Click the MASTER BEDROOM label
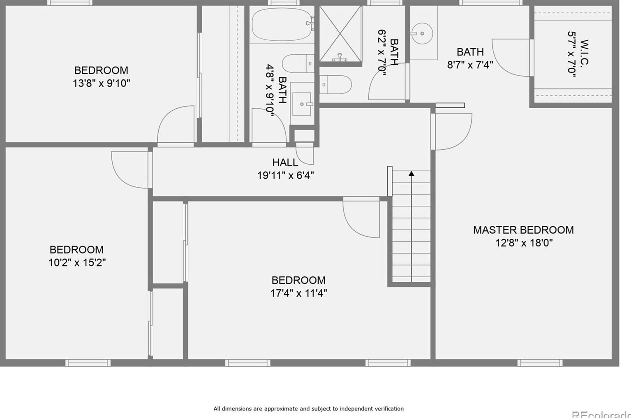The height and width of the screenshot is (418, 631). (x=523, y=230)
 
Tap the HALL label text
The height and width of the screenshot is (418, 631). (x=285, y=163)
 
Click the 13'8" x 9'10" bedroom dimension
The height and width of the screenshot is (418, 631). (x=102, y=84)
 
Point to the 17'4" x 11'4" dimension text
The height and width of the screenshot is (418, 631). (x=298, y=293)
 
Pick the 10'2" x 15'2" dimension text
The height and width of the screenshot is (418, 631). (x=77, y=263)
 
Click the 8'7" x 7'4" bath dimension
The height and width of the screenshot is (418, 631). (x=470, y=65)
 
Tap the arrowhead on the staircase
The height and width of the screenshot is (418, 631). (x=411, y=174)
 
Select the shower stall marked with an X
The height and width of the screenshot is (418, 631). (x=340, y=34)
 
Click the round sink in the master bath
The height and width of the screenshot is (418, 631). (x=422, y=34)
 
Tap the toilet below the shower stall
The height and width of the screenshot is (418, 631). (x=335, y=85)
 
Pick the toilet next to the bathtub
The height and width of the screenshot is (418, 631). (x=298, y=63)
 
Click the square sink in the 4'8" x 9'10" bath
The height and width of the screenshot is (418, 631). (x=302, y=104)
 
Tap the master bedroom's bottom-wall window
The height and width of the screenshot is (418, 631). (x=540, y=363)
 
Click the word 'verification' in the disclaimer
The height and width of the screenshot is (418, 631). (x=389, y=409)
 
